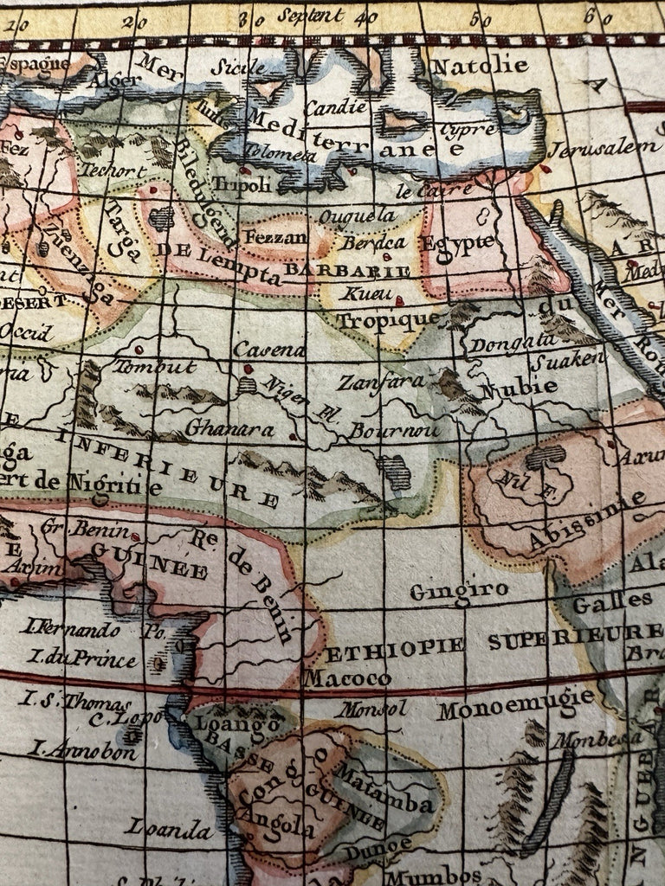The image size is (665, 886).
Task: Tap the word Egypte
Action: coord(456,243)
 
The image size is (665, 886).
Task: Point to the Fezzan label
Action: coord(275,236)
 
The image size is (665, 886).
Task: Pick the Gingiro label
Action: coord(458,592)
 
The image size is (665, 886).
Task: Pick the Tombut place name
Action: coord(155,367)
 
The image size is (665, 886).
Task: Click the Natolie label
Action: coord(479,66)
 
